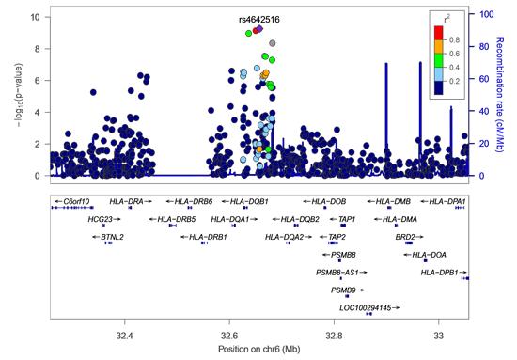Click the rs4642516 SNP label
point(258,19)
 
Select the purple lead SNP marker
point(258,29)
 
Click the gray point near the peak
point(273,43)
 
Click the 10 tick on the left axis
point(34,17)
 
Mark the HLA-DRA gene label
point(128,201)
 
